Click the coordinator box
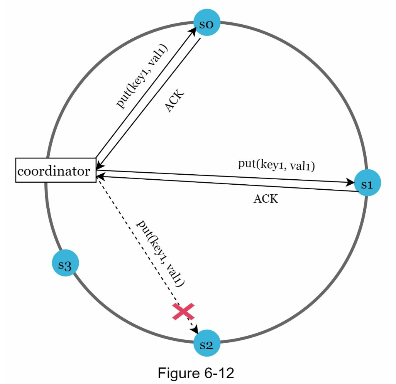click(x=56, y=170)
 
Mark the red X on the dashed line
click(x=183, y=312)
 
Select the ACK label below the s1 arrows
click(x=266, y=199)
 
